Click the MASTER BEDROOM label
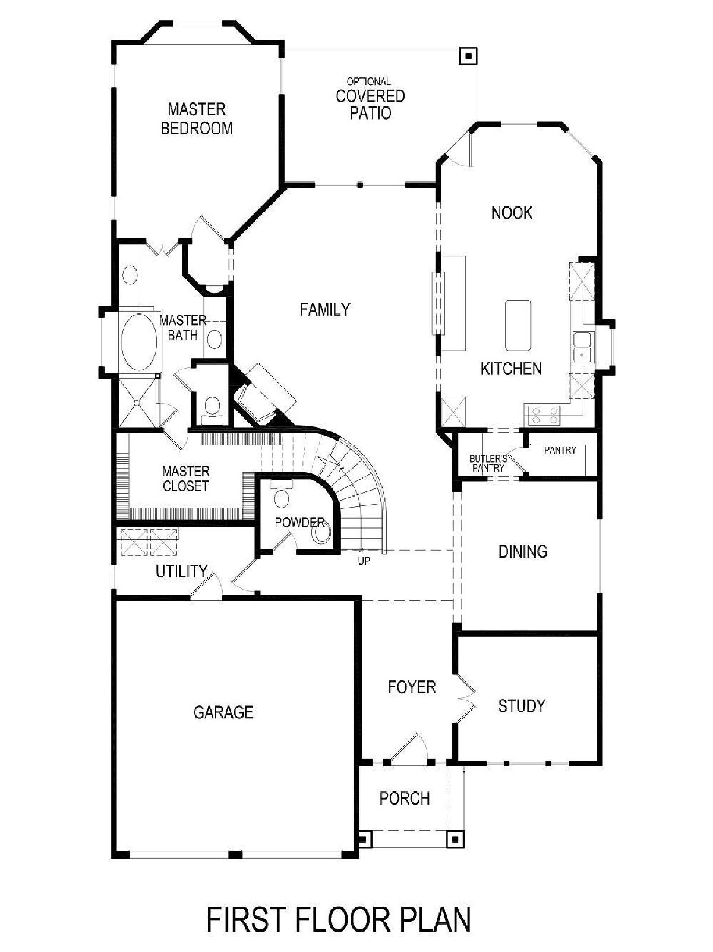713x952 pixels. (x=197, y=118)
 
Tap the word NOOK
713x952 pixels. (x=512, y=213)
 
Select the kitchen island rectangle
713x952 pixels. (x=518, y=325)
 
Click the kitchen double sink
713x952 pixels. (x=583, y=347)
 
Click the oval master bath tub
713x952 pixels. (x=138, y=342)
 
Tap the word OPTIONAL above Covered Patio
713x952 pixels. (x=368, y=81)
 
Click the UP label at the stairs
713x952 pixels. (x=364, y=561)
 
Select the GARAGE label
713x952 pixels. (x=223, y=712)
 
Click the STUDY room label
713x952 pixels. (x=520, y=706)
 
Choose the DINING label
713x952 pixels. (x=523, y=552)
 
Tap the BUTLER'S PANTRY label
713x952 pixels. (x=488, y=463)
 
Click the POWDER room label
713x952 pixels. (x=299, y=522)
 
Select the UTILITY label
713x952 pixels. (x=182, y=571)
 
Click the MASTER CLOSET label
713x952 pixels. (x=185, y=479)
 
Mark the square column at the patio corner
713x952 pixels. (x=468, y=55)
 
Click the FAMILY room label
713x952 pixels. (x=325, y=309)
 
